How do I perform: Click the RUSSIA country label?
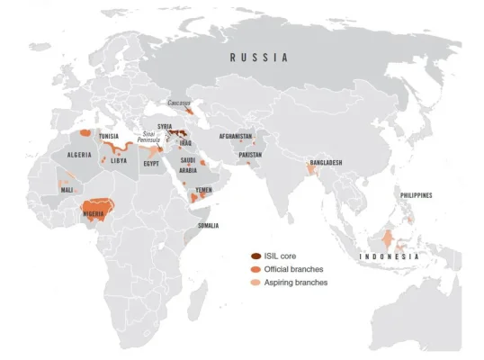click(x=259, y=58)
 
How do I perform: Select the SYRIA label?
click(x=165, y=127)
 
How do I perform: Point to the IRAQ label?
click(x=185, y=143)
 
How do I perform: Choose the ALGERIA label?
click(x=79, y=155)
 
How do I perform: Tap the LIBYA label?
click(x=118, y=161)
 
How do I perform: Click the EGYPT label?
click(x=151, y=164)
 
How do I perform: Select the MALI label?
click(x=67, y=190)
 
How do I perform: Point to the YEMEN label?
click(x=204, y=191)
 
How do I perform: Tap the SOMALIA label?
click(x=209, y=226)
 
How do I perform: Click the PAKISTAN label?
click(x=250, y=155)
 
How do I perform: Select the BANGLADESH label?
click(x=325, y=163)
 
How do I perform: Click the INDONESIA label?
click(x=390, y=257)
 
